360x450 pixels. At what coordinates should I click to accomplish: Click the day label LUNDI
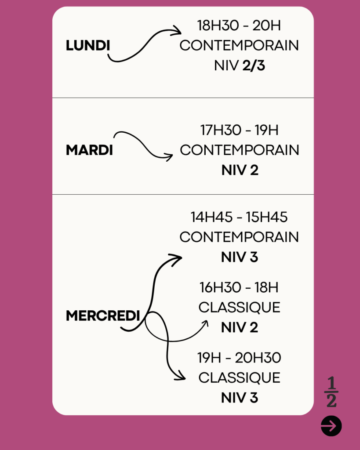click(88, 45)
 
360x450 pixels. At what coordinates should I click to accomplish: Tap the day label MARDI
click(89, 150)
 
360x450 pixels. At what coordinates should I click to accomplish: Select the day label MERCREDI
click(103, 316)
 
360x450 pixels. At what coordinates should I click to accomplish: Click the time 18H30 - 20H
click(239, 25)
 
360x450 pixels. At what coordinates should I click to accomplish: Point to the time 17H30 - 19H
click(239, 130)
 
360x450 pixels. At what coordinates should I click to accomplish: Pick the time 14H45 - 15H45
click(239, 217)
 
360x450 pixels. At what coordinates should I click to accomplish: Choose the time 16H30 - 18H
click(239, 287)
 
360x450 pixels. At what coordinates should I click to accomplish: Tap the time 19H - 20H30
click(239, 358)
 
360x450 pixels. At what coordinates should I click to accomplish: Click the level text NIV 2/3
click(240, 66)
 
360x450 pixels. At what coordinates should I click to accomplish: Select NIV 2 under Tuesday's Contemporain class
click(240, 170)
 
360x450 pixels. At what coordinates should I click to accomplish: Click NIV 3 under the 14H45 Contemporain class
click(240, 257)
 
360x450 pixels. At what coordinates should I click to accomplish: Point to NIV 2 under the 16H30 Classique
click(240, 327)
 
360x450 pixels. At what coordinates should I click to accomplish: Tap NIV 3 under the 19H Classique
click(240, 398)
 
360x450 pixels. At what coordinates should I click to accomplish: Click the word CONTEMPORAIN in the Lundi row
click(239, 45)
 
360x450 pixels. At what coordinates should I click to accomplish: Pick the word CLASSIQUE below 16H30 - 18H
click(239, 307)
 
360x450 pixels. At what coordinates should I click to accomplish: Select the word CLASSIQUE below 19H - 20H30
click(239, 377)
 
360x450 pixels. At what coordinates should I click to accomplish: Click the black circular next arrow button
click(331, 426)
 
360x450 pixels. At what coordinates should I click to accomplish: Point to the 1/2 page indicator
click(331, 392)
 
